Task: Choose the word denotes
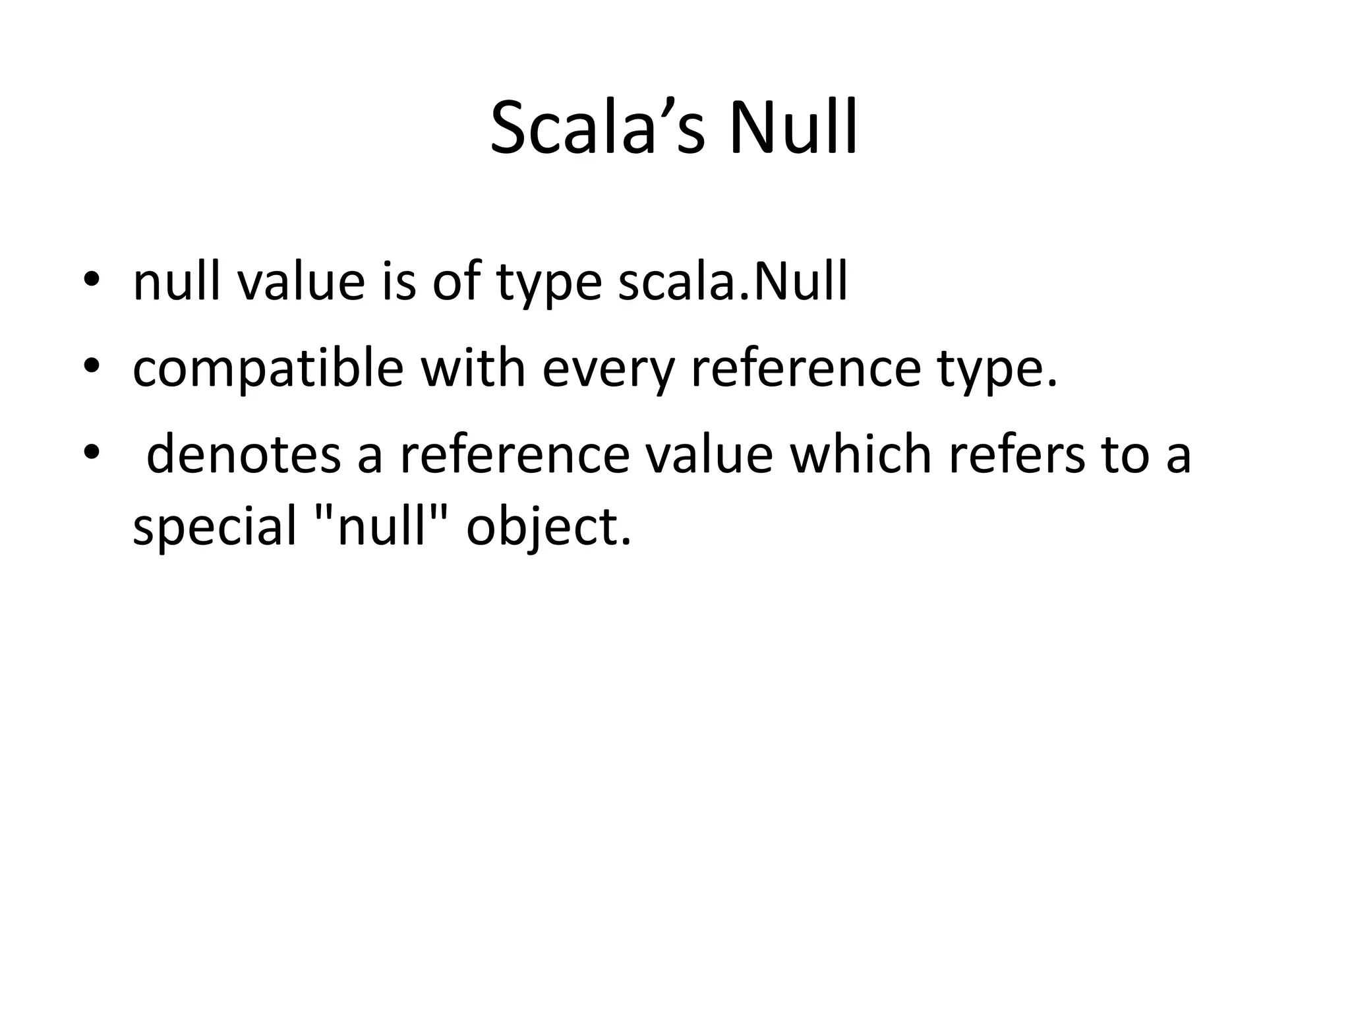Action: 243,454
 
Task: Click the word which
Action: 860,454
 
